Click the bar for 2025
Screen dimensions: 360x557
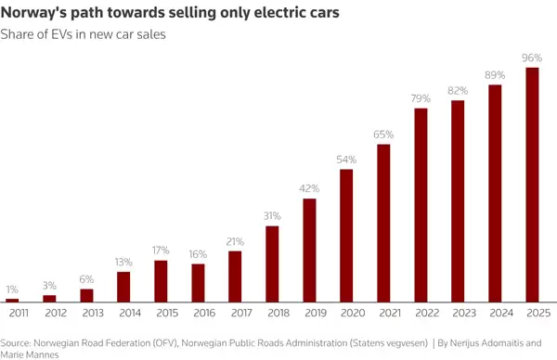[532, 185]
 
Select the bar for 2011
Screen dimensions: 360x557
[12, 300]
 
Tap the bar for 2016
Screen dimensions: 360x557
[198, 283]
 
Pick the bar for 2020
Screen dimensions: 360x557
[346, 236]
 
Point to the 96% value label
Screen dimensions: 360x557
[532, 58]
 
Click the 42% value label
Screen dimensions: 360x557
[309, 189]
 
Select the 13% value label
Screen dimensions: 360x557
[123, 263]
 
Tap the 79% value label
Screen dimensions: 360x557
[421, 98]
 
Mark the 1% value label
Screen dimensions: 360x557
[12, 289]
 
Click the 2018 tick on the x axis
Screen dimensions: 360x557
[272, 315]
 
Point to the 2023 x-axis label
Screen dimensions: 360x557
[458, 315]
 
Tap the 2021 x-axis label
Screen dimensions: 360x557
[383, 315]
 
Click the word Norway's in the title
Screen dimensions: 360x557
[36, 14]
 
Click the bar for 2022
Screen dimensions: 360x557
[421, 205]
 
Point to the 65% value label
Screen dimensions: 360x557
[383, 135]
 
